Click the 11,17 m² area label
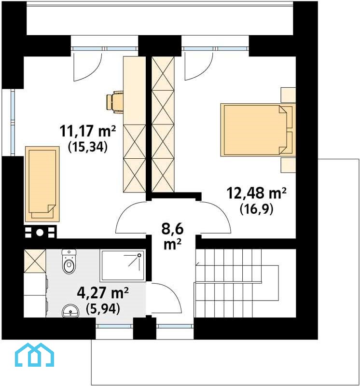pos(87,131)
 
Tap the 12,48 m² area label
pos(256,193)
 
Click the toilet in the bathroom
pos(69,261)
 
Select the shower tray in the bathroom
pos(123,266)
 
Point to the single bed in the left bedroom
pos(42,184)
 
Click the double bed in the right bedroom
pos(258,130)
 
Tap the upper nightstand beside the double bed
pos(288,95)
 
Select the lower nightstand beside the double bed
pos(288,165)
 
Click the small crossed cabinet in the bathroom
pos(35,261)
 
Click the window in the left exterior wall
pos(13,123)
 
